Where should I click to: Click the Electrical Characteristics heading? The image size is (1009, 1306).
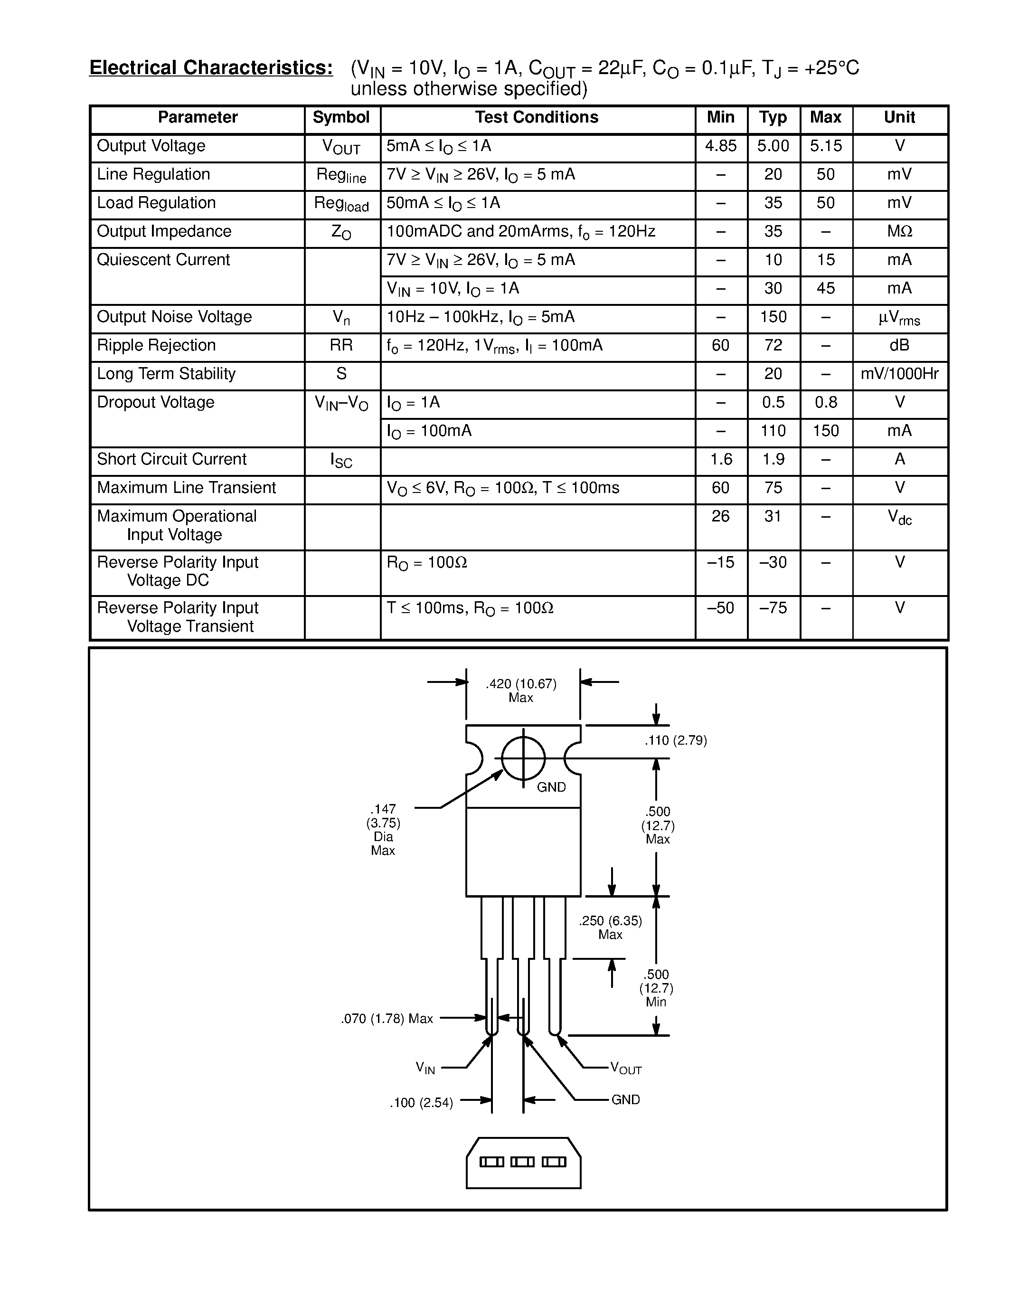click(x=211, y=67)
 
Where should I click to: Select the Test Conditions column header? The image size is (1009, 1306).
click(x=537, y=117)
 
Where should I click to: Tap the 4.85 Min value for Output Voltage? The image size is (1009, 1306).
click(x=721, y=146)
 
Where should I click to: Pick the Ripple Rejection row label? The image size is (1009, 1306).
click(x=156, y=345)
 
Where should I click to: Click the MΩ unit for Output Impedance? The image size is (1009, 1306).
click(x=900, y=231)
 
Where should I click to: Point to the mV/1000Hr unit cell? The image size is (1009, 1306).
click(x=900, y=374)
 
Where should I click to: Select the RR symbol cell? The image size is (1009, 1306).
click(x=341, y=345)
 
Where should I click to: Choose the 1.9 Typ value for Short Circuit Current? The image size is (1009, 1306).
click(x=773, y=459)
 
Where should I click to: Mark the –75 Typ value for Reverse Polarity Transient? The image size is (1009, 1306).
click(x=773, y=608)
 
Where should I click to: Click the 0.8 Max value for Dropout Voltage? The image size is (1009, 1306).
click(x=826, y=402)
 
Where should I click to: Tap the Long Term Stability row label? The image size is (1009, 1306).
click(x=166, y=374)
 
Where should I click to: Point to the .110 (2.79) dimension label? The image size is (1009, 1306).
click(x=676, y=740)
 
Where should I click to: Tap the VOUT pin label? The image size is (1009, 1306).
click(x=626, y=1069)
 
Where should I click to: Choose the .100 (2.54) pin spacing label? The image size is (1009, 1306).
click(x=422, y=1103)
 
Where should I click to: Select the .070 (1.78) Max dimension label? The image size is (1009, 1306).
click(x=387, y=1018)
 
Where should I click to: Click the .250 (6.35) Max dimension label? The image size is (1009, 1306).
click(x=610, y=927)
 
